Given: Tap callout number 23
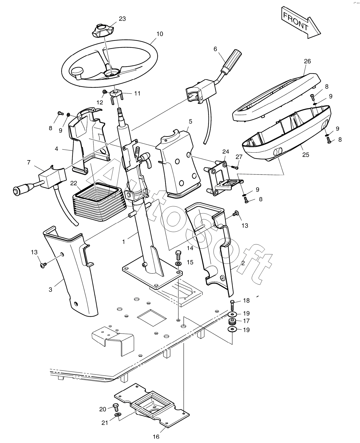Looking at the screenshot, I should [x=122, y=19].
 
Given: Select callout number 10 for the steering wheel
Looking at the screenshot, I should [x=159, y=34].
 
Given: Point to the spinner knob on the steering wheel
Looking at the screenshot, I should [x=77, y=72].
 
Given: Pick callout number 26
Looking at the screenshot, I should [x=307, y=61].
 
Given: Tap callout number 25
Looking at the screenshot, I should [x=306, y=155].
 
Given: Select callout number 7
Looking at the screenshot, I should [x=29, y=162].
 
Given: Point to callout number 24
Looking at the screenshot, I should [x=226, y=152].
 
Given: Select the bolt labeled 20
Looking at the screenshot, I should [x=116, y=408].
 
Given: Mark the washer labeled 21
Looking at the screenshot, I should [x=118, y=415].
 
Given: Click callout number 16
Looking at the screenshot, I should [x=156, y=437].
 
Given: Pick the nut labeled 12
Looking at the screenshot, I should [x=105, y=92].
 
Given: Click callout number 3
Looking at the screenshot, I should [x=50, y=289].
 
